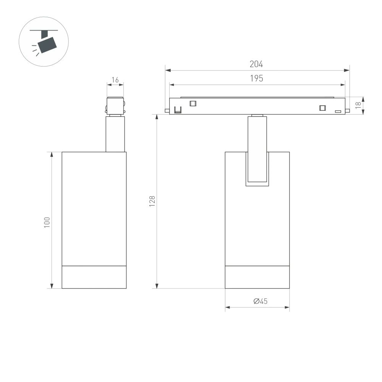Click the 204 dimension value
tap(256, 65)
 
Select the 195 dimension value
tap(256, 79)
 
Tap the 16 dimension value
tap(115, 80)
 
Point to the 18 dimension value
tap(358, 105)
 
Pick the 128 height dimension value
tap(152, 201)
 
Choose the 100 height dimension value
tap(47, 222)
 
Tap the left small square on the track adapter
tap(193, 103)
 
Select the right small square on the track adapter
tap(323, 108)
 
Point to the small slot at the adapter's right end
tap(338, 111)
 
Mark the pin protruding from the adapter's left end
tap(167, 111)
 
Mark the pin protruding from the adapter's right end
tap(348, 111)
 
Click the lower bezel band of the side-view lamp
tap(94, 277)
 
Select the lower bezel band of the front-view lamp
tap(257, 277)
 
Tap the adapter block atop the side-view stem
tap(115, 105)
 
